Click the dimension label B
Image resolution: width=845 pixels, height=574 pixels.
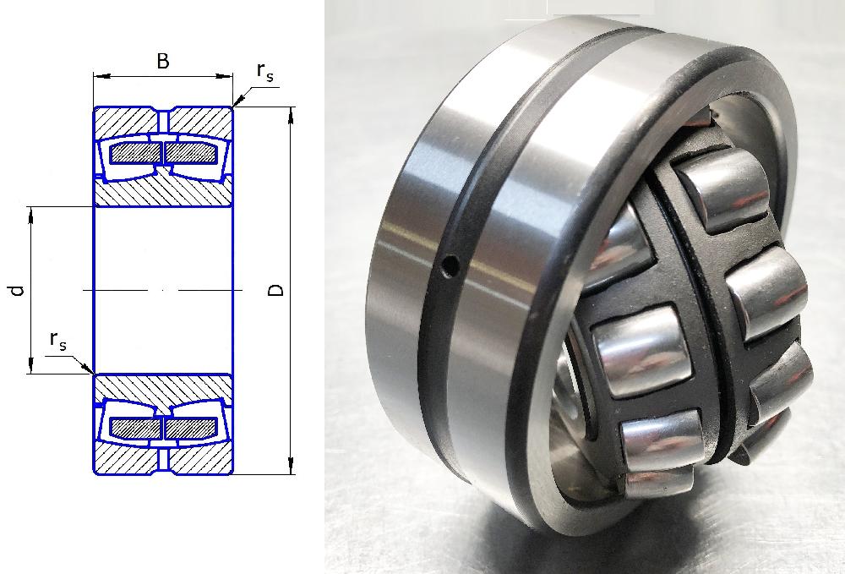pos(163,61)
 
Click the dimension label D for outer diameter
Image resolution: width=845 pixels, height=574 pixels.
pos(276,291)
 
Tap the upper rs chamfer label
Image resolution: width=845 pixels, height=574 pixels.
pos(265,73)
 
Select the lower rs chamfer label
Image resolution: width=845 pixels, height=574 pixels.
pos(58,340)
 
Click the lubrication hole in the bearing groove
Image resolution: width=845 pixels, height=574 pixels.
pos(449,265)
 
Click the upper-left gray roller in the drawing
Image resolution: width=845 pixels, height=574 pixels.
pos(135,154)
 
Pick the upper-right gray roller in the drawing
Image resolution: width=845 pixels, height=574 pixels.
pos(191,154)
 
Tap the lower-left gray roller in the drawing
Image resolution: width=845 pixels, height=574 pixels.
pos(135,428)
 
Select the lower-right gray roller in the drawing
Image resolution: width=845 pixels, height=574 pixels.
pos(191,428)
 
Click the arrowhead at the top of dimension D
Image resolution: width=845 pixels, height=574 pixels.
pos(291,115)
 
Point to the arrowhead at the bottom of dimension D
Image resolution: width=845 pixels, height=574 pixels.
pos(291,466)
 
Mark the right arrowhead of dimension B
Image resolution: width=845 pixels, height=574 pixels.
pos(225,76)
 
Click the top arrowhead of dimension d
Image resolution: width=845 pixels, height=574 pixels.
pos(30,215)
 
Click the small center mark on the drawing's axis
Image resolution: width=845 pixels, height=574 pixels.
pos(163,291)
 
